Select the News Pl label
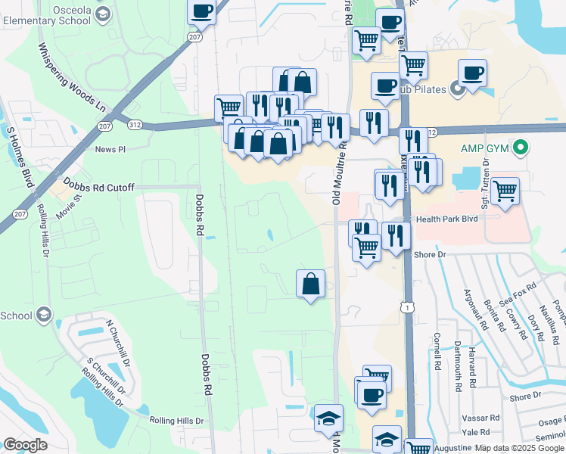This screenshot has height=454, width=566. (110, 149)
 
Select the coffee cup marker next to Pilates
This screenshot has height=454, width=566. (472, 74)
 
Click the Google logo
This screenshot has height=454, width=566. (25, 445)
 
